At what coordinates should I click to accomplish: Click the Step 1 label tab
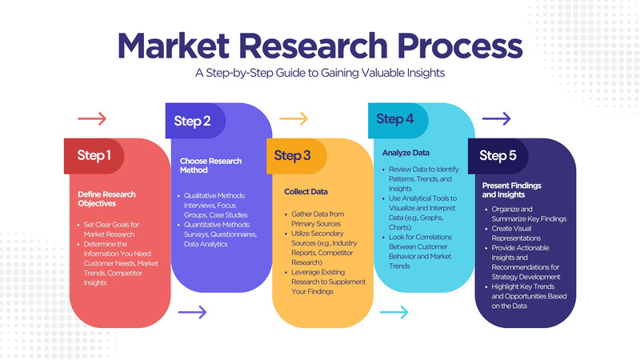pos(94,156)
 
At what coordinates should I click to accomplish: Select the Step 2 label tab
pos(195,121)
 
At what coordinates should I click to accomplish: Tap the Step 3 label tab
pos(297,156)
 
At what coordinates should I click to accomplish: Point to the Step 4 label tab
pos(398,121)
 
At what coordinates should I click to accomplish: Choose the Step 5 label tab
pos(498,156)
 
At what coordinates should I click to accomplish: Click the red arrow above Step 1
pos(92,118)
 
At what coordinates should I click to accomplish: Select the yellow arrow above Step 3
pos(294,118)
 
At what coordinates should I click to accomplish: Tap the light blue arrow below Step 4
pos(394,312)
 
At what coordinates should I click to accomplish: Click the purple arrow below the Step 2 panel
pos(192,312)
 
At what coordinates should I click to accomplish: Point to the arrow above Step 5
pos(496,118)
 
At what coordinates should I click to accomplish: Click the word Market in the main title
pos(174,46)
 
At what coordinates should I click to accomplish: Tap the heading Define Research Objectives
pos(106,198)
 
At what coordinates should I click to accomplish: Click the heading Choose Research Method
pos(210,166)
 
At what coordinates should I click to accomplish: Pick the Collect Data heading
pos(306,191)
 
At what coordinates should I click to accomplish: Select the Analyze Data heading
pos(406,153)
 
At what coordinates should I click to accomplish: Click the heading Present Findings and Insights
pos(511,190)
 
